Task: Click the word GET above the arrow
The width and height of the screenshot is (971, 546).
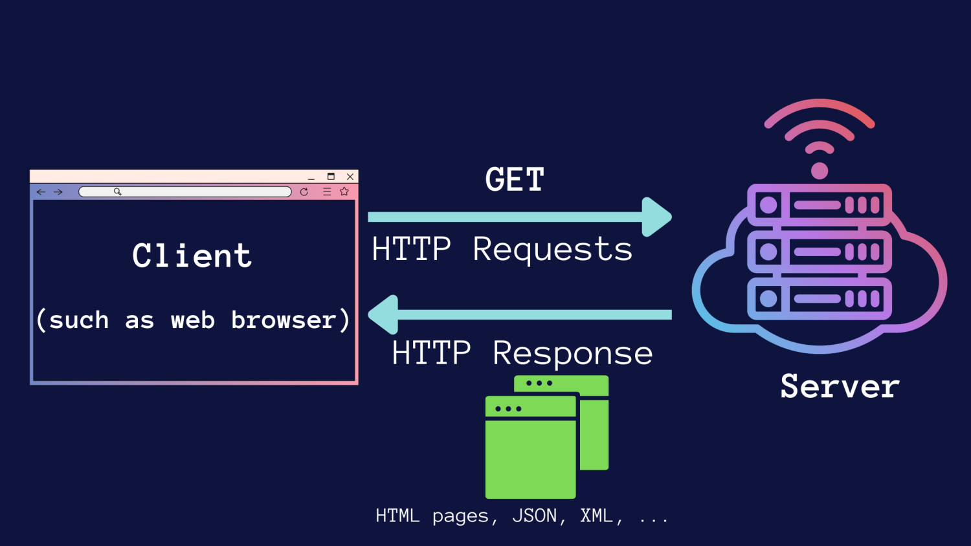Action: pyautogui.click(x=515, y=180)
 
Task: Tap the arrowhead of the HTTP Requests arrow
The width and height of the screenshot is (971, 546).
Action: pyautogui.click(x=656, y=217)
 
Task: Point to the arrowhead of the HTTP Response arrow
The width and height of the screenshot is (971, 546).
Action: pyautogui.click(x=383, y=314)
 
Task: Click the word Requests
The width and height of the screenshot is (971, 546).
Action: pyautogui.click(x=552, y=250)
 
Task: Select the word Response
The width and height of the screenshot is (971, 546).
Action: pyautogui.click(x=572, y=353)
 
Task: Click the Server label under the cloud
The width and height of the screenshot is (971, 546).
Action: pyautogui.click(x=840, y=387)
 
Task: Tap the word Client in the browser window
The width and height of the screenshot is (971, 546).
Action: pyautogui.click(x=192, y=256)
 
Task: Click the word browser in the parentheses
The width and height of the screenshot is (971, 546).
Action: pyautogui.click(x=284, y=320)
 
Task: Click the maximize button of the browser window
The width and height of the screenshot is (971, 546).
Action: pyautogui.click(x=331, y=177)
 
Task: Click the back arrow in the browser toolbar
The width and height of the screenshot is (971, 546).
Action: pyautogui.click(x=41, y=192)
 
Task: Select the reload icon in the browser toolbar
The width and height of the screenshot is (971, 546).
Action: pyautogui.click(x=304, y=192)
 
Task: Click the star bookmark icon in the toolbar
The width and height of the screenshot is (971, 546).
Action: pyautogui.click(x=344, y=191)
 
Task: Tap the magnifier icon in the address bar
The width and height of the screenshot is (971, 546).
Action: pyautogui.click(x=118, y=191)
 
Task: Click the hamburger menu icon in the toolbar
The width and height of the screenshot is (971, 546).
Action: pyautogui.click(x=327, y=192)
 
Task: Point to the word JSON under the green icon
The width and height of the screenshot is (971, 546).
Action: pyautogui.click(x=534, y=516)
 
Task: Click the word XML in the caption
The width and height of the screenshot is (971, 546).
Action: pyautogui.click(x=596, y=516)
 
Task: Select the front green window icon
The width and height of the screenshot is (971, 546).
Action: pyautogui.click(x=530, y=453)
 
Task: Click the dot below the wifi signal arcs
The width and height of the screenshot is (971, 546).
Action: pyautogui.click(x=820, y=171)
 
